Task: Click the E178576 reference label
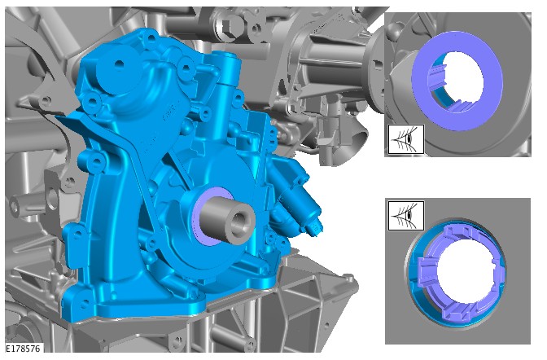(24, 348)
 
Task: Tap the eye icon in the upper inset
(406, 139)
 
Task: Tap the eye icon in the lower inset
(406, 216)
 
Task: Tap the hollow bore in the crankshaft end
(240, 222)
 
